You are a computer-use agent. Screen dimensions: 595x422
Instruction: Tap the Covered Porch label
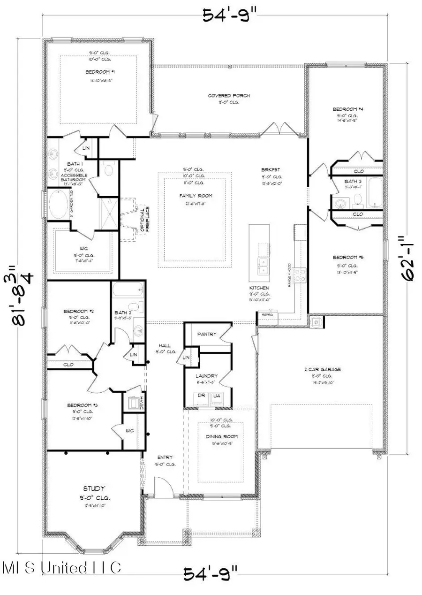pyautogui.click(x=229, y=96)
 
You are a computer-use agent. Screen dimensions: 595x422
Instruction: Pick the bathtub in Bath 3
pyautogui.click(x=375, y=192)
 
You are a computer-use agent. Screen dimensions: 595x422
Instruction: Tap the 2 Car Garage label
pyautogui.click(x=322, y=369)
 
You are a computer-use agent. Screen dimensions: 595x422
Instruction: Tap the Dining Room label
pyautogui.click(x=221, y=437)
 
